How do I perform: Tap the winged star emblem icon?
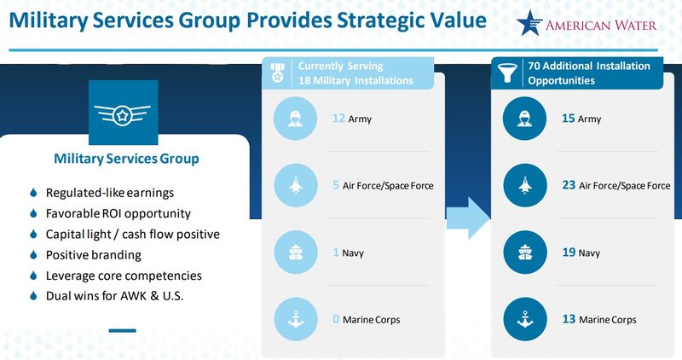123,114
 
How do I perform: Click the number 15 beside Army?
568,119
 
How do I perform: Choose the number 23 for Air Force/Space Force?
568,185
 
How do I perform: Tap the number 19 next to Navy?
568,253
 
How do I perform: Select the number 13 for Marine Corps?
568,320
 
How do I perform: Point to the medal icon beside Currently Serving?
278,73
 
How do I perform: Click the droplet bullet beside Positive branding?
32,255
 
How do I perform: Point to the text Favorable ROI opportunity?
118,213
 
